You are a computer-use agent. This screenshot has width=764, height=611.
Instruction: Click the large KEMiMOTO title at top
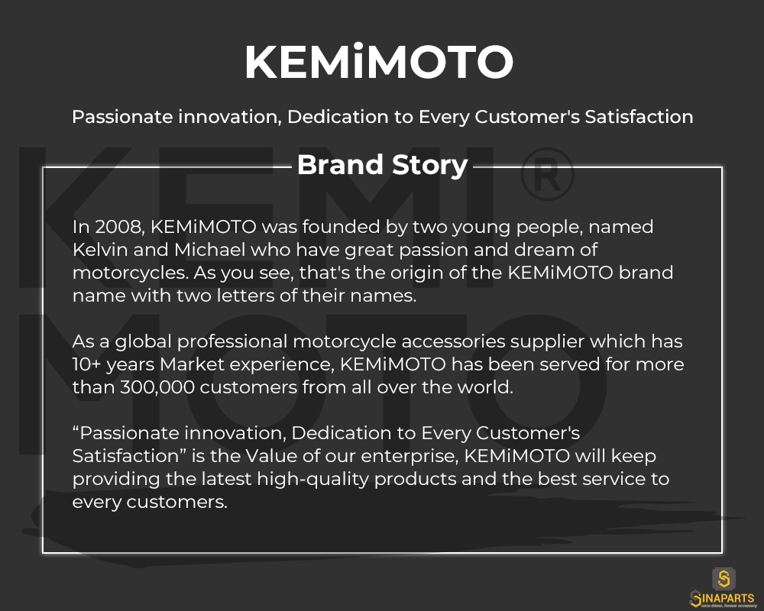(379, 61)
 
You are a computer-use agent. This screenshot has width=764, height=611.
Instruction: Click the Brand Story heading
(383, 165)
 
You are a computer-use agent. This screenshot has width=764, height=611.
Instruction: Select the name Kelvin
(100, 250)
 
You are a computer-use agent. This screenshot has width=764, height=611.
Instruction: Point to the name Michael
(210, 250)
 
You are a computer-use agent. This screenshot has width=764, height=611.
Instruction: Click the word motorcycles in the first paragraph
(130, 273)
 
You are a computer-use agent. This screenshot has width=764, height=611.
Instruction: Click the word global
(144, 342)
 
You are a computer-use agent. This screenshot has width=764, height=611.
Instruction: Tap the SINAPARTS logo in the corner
(723, 588)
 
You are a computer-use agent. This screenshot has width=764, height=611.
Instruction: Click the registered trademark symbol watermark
(547, 174)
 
